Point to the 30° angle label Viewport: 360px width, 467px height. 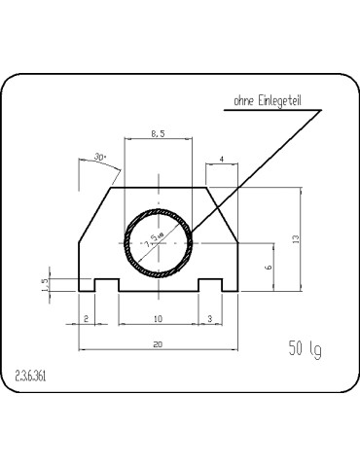click(x=99, y=156)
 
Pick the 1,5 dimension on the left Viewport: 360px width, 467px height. click(x=46, y=283)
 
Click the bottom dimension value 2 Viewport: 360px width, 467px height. click(x=87, y=319)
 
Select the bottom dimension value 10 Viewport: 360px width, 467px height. click(x=158, y=319)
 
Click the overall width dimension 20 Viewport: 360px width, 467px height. click(x=158, y=342)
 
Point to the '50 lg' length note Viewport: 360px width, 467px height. click(x=305, y=348)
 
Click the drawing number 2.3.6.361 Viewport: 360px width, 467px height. click(x=34, y=374)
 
